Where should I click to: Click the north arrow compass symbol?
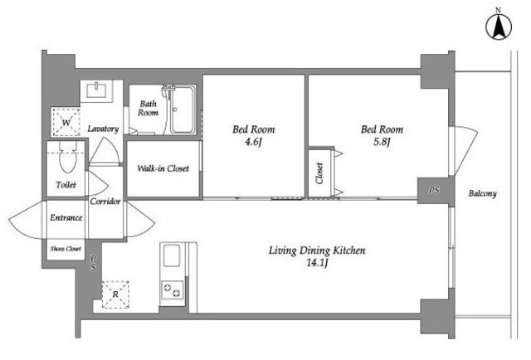tap(499, 27)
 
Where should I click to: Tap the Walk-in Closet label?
tap(163, 168)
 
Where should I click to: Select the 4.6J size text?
tap(253, 142)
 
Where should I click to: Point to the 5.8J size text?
tap(382, 142)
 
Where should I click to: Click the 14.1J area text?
tap(317, 263)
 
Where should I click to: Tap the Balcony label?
tap(483, 193)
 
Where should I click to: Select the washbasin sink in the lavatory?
tap(97, 90)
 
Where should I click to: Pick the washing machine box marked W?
tap(66, 122)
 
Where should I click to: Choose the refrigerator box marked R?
tap(115, 294)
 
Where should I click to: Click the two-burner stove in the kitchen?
tap(173, 289)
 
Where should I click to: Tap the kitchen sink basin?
tap(172, 255)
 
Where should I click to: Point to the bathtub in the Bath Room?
tap(183, 109)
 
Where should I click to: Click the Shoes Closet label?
tap(66, 249)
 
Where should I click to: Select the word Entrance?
tap(66, 217)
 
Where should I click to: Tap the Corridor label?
tap(105, 202)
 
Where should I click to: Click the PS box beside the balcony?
tap(434, 190)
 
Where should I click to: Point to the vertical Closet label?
tap(319, 173)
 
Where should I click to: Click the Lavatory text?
tap(103, 129)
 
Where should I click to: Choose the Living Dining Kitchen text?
tap(317, 251)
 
